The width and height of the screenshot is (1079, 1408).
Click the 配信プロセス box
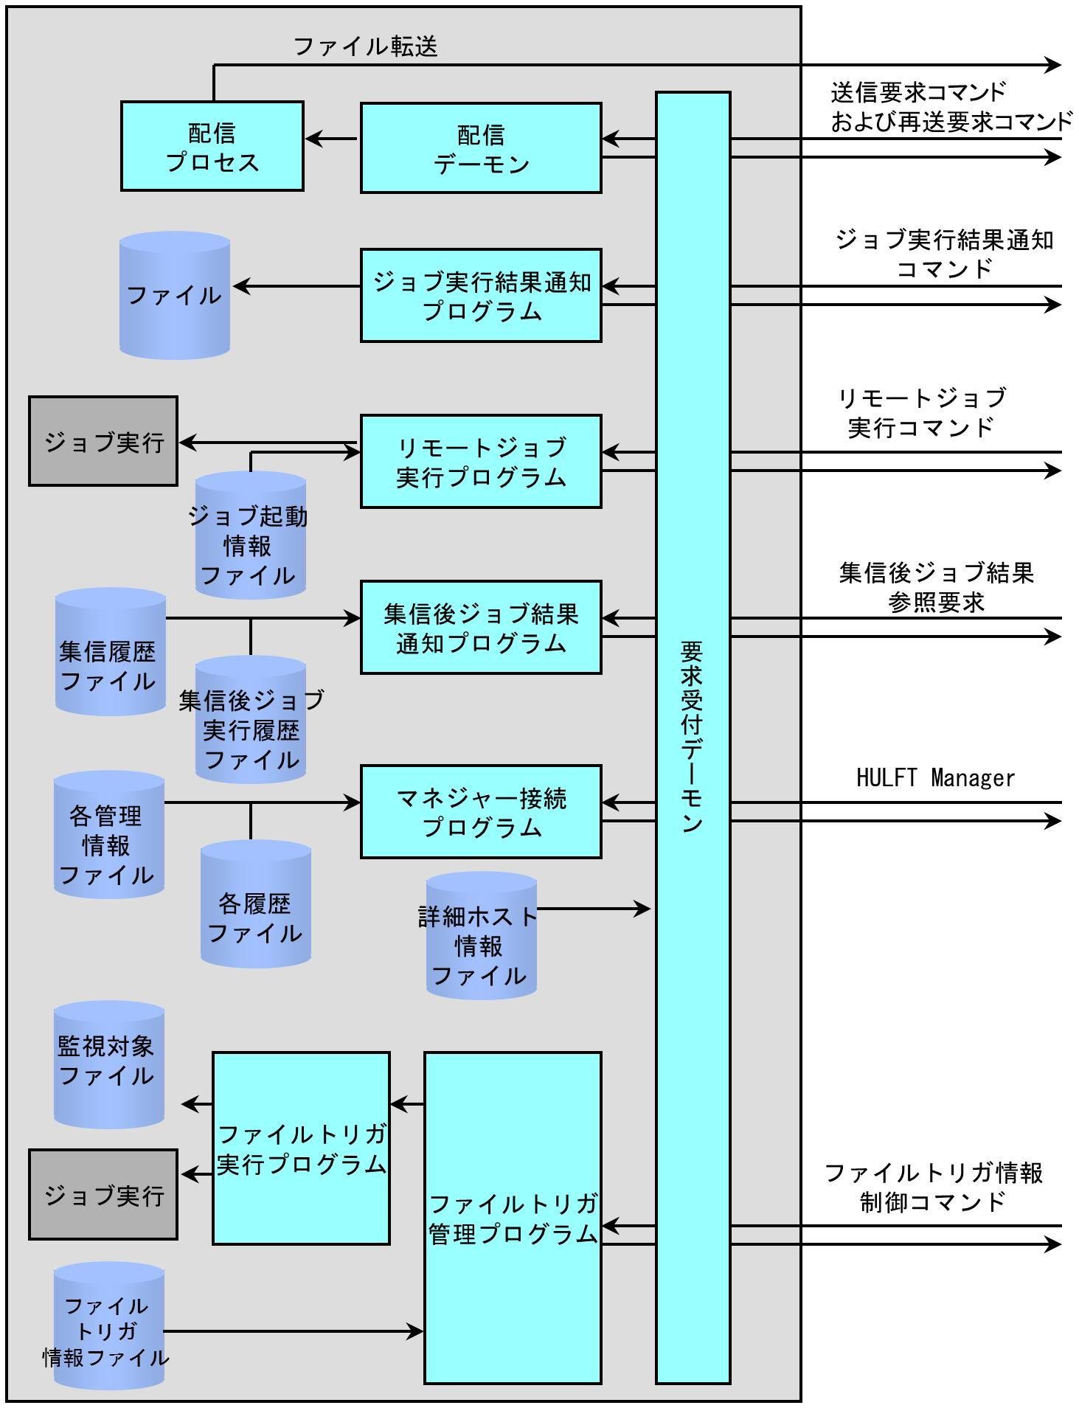(x=212, y=147)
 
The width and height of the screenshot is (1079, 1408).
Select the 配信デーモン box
(x=481, y=148)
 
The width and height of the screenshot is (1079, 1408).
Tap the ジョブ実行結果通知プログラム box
(x=481, y=295)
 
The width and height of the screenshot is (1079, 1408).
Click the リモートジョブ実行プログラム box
(x=481, y=461)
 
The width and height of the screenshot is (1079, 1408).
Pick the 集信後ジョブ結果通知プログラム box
(x=481, y=627)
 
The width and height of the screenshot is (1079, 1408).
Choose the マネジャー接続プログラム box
(x=481, y=811)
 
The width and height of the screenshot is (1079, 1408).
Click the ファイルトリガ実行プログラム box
(x=301, y=1148)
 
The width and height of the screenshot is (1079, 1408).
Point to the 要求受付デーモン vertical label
(x=692, y=738)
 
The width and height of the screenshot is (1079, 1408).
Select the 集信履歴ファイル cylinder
(x=110, y=652)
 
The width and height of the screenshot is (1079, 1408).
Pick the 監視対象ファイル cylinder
(x=108, y=1064)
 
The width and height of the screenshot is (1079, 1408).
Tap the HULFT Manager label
(x=935, y=778)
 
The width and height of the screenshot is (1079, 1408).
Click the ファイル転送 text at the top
(x=366, y=47)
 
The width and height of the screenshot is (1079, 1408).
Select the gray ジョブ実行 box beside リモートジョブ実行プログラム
(x=103, y=442)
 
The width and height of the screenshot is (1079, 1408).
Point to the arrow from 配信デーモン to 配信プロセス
(x=332, y=138)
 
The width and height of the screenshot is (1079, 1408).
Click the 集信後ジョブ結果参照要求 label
(x=936, y=587)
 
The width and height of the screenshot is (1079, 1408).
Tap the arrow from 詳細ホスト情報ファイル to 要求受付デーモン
(x=594, y=909)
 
